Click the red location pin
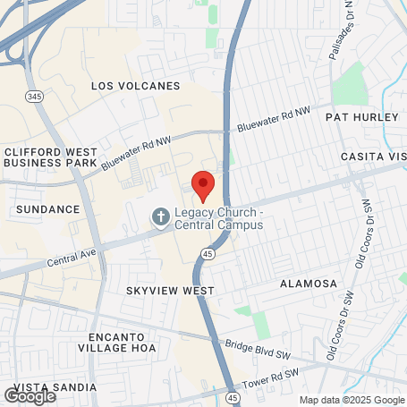203,183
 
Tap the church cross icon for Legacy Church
160,216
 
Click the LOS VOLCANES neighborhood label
136,86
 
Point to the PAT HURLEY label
360,117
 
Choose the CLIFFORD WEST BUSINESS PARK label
50,157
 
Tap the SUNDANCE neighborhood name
48,208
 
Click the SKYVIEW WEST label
170,291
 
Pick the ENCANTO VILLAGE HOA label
116,342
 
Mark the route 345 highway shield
34,96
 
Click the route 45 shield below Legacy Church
207,254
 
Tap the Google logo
30,394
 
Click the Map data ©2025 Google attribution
352,400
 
